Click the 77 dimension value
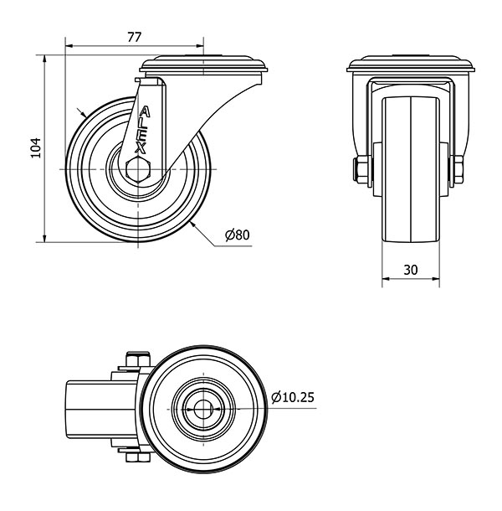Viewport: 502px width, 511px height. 134,38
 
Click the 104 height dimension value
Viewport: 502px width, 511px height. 36,148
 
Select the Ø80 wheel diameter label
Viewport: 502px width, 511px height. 238,235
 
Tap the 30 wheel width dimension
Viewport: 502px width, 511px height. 411,270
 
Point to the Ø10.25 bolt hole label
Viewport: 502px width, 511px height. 293,397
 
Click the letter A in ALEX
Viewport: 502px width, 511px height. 145,112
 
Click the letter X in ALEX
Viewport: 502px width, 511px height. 141,148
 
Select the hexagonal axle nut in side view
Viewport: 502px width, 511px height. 138,169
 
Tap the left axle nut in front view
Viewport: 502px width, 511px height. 362,169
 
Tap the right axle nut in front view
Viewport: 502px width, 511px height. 457,169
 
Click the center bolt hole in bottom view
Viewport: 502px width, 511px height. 203,409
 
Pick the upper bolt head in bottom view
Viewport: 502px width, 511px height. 138,359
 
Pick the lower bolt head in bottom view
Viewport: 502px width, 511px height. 138,457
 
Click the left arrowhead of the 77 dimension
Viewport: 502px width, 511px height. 69,46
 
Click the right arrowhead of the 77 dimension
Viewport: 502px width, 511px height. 200,46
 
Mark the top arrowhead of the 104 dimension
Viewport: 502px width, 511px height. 44,59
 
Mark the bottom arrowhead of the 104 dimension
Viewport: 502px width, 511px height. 44,238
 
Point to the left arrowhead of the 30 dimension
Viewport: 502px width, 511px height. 386,279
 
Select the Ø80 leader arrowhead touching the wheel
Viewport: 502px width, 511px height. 192,225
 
